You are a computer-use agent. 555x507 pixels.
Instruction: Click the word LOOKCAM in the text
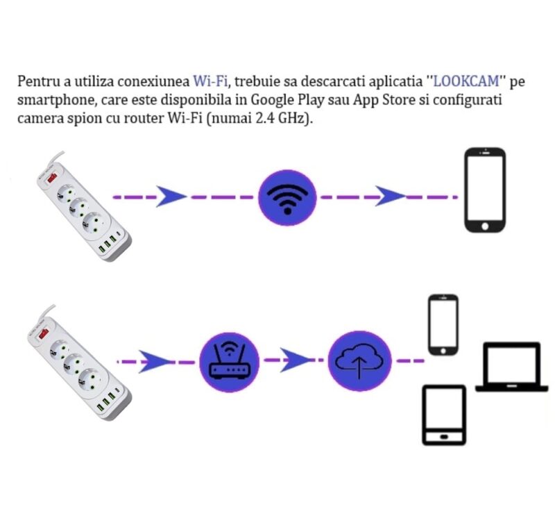(x=466, y=81)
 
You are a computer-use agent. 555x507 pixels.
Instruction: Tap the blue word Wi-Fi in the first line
(x=210, y=81)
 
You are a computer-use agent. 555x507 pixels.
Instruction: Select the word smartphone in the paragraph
(x=56, y=100)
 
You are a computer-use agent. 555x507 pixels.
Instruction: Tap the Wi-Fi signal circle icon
(x=287, y=197)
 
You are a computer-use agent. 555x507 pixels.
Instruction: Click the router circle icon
(x=229, y=362)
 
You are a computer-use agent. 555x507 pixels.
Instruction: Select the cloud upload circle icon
(x=359, y=361)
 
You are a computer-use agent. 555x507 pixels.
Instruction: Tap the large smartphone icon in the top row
(x=485, y=190)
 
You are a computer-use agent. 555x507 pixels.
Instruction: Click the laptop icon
(x=511, y=367)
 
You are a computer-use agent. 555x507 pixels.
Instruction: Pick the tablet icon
(x=444, y=415)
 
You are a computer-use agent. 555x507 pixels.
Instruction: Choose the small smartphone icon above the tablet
(x=443, y=324)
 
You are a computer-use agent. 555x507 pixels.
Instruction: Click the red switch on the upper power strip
(x=52, y=177)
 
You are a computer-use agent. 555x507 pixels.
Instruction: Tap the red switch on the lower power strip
(x=44, y=333)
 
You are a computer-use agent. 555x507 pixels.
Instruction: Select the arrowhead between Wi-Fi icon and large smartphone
(x=390, y=196)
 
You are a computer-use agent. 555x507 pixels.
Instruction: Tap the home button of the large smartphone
(x=485, y=226)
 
